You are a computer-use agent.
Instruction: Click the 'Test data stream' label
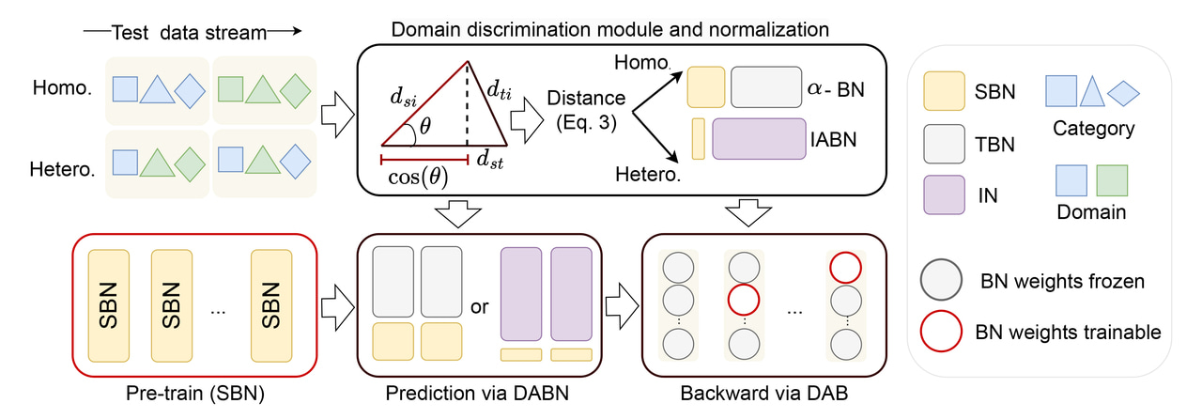(x=187, y=32)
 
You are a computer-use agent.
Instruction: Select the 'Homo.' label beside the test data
(x=61, y=89)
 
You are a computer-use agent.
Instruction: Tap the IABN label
(x=834, y=138)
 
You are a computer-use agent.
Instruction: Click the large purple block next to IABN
(x=759, y=138)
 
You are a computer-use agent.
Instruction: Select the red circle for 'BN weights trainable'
(x=939, y=332)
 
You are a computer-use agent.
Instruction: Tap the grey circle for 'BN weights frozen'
(x=939, y=281)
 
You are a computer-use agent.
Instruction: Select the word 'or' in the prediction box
(x=480, y=306)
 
